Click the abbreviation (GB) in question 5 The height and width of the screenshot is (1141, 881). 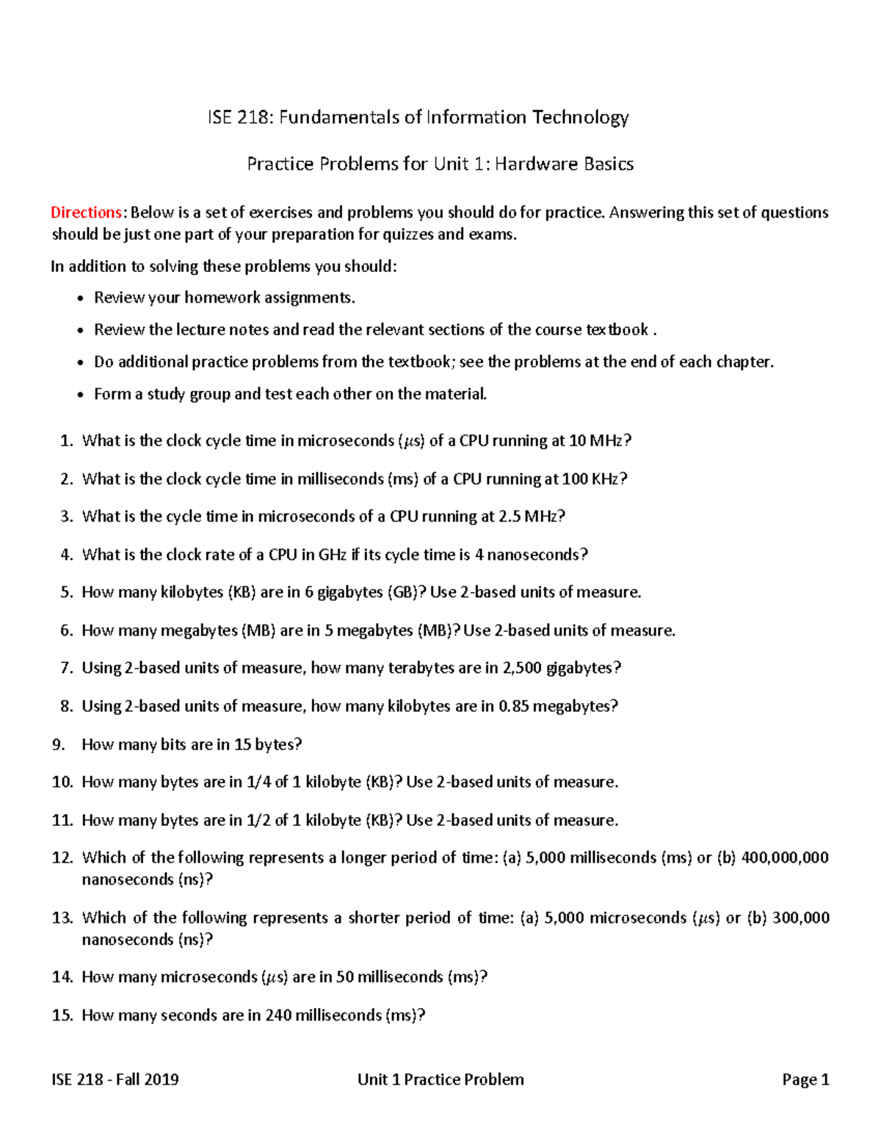click(x=405, y=592)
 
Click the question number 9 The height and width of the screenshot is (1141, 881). click(x=59, y=744)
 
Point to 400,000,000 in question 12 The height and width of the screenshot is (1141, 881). click(x=785, y=857)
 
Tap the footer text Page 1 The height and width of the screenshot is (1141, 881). click(x=805, y=1079)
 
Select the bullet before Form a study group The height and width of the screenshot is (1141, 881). click(x=80, y=395)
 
